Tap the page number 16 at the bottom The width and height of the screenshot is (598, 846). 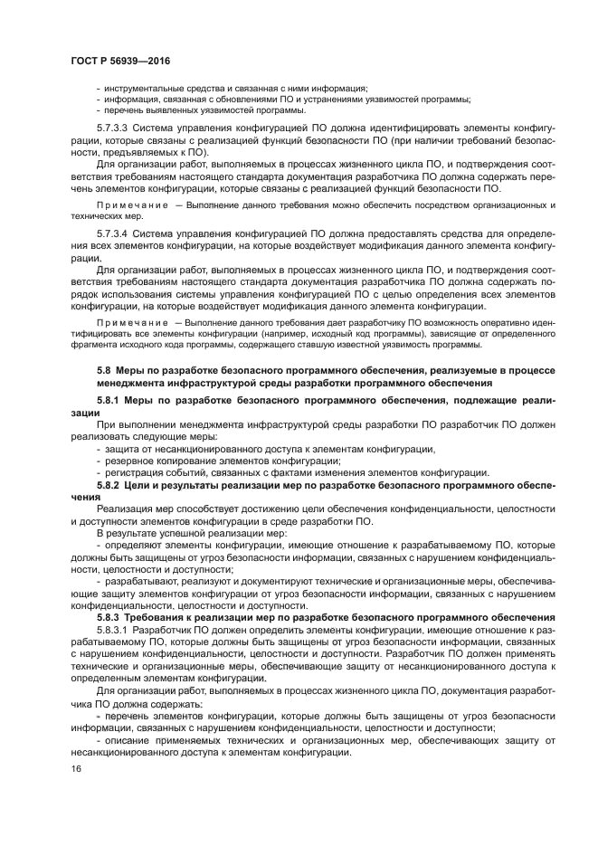(x=76, y=767)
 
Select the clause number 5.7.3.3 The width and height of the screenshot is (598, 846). (x=113, y=128)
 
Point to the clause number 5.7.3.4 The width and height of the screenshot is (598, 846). (x=113, y=233)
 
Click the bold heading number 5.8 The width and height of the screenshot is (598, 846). (x=104, y=371)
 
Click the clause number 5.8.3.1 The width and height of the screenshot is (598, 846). (x=113, y=628)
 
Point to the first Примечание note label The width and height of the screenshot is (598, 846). (x=128, y=205)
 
